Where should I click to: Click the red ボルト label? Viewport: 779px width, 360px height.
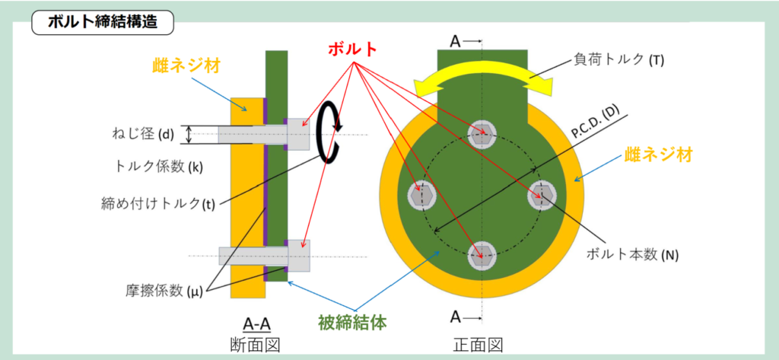pos(352,49)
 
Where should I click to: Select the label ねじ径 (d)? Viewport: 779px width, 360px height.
pos(141,135)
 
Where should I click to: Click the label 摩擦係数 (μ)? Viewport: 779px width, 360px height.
pos(161,291)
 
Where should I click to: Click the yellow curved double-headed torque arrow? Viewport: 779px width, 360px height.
pos(482,78)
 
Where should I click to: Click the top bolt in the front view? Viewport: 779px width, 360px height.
pos(482,134)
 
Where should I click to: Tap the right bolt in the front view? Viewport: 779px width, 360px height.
pos(542,196)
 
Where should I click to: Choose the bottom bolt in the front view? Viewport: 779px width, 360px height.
pos(482,256)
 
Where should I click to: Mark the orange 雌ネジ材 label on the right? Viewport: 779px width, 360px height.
pos(659,155)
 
